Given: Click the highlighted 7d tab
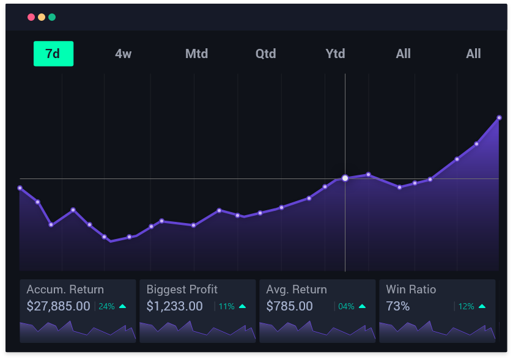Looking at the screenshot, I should pyautogui.click(x=53, y=54).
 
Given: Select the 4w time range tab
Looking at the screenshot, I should pyautogui.click(x=124, y=54).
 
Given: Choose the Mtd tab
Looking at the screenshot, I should pyautogui.click(x=196, y=54).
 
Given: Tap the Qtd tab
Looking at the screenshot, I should pyautogui.click(x=265, y=54).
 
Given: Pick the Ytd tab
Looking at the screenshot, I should pyautogui.click(x=335, y=54).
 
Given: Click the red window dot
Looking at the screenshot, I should pyautogui.click(x=31, y=17).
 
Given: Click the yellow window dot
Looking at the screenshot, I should pyautogui.click(x=42, y=17).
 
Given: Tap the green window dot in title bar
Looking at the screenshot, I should pyautogui.click(x=52, y=17).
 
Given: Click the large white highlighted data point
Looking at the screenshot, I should pyautogui.click(x=345, y=178).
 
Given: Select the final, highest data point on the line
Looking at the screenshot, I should pyautogui.click(x=499, y=117).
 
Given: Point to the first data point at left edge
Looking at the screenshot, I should pyautogui.click(x=20, y=188).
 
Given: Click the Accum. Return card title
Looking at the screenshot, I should pyautogui.click(x=65, y=290).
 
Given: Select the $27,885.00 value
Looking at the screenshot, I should pyautogui.click(x=58, y=306).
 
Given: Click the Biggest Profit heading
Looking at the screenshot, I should pyautogui.click(x=182, y=290).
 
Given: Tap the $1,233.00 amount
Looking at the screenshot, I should pyautogui.click(x=174, y=306).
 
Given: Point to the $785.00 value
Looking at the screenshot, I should pyautogui.click(x=289, y=306).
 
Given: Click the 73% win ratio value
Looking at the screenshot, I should pyautogui.click(x=397, y=306).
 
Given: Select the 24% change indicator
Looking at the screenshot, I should pyautogui.click(x=106, y=307).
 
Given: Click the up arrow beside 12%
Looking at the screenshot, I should pyautogui.click(x=482, y=306).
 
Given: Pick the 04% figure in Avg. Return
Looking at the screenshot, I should pyautogui.click(x=346, y=307).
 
